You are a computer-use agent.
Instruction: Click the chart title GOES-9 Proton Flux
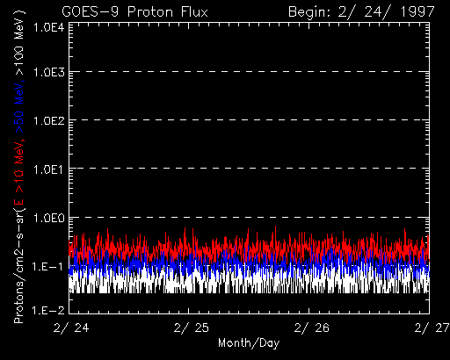(x=134, y=12)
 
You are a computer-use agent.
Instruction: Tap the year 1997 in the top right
(x=417, y=12)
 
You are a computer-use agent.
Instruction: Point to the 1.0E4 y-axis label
(x=49, y=28)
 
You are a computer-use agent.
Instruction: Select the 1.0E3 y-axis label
(x=49, y=72)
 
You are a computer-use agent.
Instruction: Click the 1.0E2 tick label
(x=49, y=120)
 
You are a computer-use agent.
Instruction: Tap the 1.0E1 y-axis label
(x=49, y=169)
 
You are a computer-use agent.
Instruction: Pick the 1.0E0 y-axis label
(x=49, y=218)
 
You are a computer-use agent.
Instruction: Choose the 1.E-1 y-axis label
(x=48, y=267)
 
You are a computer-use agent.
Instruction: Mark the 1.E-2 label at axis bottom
(x=48, y=310)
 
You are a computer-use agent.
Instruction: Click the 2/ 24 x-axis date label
(x=71, y=328)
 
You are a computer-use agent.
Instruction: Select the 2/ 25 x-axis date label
(x=192, y=328)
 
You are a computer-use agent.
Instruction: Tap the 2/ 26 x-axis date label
(x=312, y=328)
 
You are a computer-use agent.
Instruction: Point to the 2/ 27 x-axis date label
(x=432, y=328)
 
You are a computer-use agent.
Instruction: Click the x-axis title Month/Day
(x=249, y=343)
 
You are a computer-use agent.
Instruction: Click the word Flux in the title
(x=194, y=12)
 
